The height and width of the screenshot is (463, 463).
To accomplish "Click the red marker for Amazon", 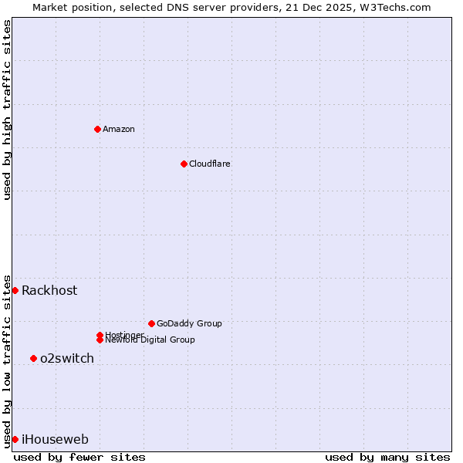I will coord(97,129).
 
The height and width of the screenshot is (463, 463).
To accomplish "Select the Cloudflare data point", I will coord(184,164).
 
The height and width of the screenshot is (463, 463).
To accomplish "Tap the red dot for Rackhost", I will coord(15,290).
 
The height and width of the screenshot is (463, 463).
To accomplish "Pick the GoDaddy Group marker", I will coord(151,323).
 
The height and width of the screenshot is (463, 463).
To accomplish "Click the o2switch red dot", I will coord(33,358).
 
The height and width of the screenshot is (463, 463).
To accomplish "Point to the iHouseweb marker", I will coord(15,439).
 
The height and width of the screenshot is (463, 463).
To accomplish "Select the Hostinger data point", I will coord(100,335).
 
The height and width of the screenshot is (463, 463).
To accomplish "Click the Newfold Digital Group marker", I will coord(100,340).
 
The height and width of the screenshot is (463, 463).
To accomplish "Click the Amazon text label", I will coord(118,129).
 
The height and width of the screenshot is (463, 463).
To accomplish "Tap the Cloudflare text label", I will coord(209,164).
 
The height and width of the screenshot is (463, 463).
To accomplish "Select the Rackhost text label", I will coord(49,290).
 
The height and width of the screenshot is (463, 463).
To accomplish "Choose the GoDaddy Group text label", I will coord(189,323).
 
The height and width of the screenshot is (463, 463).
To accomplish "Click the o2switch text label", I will coord(67,358).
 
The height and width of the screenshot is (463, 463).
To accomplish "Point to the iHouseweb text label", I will coord(55,439).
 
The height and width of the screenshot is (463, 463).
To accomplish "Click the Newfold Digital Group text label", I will coord(150,340).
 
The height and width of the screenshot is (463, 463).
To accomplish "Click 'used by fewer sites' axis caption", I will coord(79,457).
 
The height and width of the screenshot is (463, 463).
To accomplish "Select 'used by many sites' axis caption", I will coord(387,457).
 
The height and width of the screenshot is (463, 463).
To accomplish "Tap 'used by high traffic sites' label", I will coord(7,110).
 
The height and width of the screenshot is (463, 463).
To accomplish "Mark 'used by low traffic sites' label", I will coord(7,360).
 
